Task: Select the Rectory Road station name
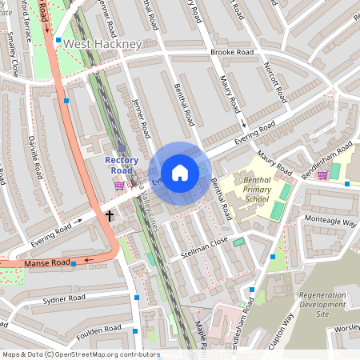point(122,165)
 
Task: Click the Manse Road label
point(47,262)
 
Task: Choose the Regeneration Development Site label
point(324,305)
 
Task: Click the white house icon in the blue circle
point(180,173)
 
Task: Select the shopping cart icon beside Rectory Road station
point(119,186)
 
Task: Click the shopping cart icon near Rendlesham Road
point(322,174)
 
